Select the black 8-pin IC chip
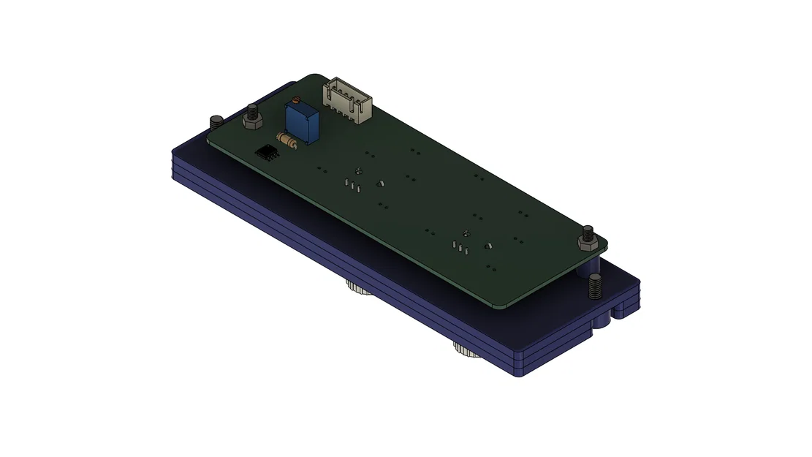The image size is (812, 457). [x=267, y=152]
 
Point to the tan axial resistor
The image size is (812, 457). [x=286, y=140]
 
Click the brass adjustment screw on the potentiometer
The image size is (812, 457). [x=295, y=101]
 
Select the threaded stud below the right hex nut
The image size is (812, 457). [x=595, y=287]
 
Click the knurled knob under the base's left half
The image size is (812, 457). [x=359, y=287]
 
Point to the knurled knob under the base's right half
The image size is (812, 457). [x=465, y=350]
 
